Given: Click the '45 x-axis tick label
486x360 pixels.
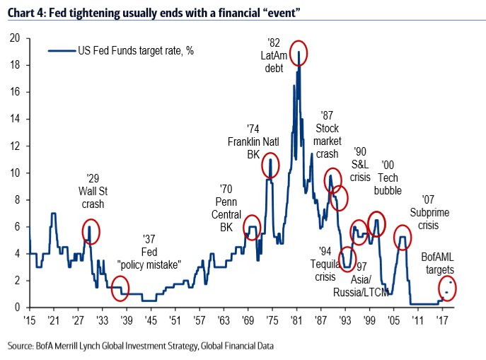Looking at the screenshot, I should point(149,320).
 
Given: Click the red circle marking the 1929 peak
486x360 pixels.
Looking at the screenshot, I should point(91,231).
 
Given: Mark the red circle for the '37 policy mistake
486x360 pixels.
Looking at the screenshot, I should point(120,286).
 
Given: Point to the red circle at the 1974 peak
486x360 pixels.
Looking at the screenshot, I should point(270,166).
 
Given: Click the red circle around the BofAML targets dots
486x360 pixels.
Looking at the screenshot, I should point(448,289).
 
